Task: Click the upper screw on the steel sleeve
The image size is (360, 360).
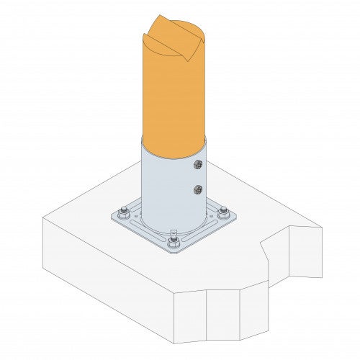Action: point(197,166)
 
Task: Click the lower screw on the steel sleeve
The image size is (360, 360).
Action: point(197,190)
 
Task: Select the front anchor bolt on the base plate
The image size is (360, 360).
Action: point(173,243)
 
